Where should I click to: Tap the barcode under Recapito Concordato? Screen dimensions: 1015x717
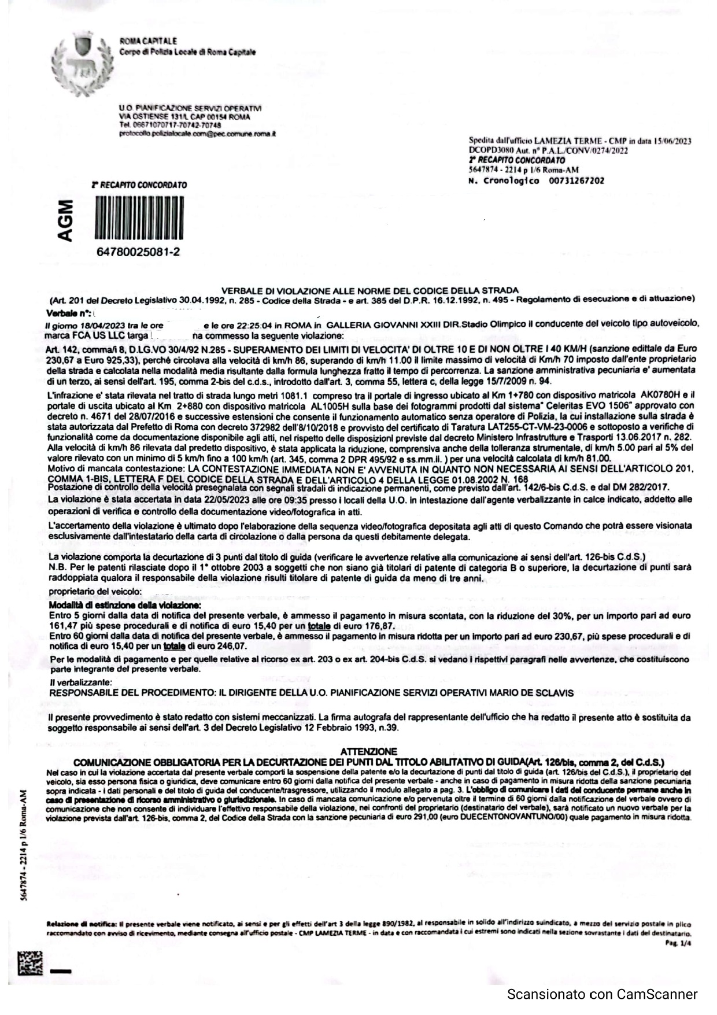[139, 218]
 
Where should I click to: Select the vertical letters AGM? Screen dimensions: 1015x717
[68, 220]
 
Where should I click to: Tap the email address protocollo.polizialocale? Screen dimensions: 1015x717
[197, 134]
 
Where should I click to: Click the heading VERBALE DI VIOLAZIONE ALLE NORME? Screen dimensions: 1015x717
[370, 290]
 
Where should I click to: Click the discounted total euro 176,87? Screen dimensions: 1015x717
[366, 626]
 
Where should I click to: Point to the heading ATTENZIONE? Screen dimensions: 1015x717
[368, 751]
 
